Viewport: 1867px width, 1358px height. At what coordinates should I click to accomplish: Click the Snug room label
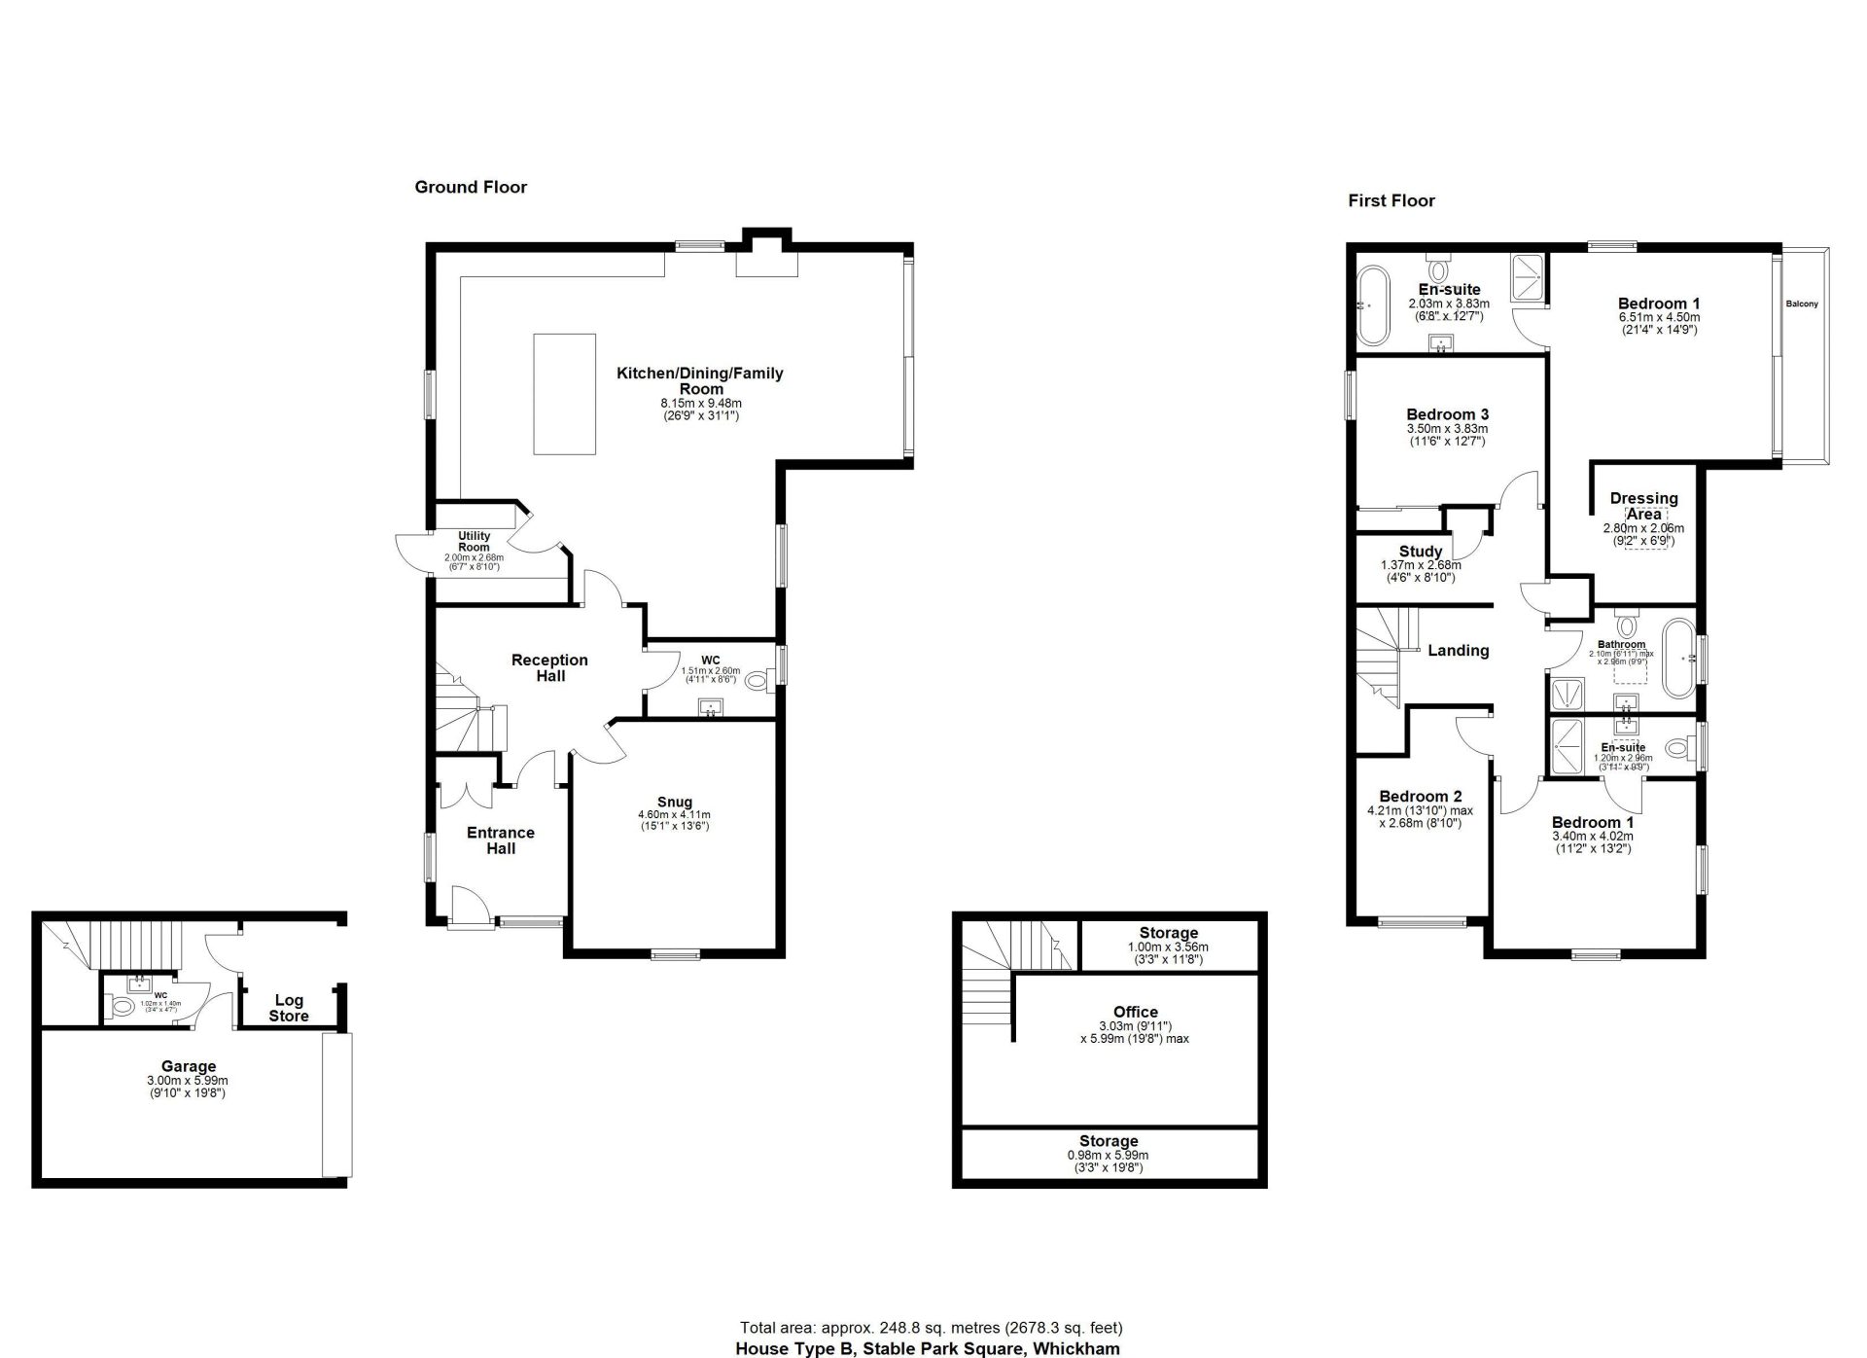point(674,803)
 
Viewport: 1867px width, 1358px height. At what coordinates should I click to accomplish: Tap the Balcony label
point(1802,304)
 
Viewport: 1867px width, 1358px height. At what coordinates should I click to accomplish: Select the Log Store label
point(289,1008)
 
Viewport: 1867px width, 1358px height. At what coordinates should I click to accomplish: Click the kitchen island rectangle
point(565,394)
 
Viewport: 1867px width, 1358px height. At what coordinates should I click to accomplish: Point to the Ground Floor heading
point(471,187)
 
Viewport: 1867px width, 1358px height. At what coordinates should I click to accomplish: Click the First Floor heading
point(1391,201)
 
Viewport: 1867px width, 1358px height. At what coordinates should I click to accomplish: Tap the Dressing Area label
point(1643,506)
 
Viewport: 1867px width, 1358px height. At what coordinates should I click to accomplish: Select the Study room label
point(1421,552)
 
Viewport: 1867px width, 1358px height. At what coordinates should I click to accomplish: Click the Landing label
point(1458,651)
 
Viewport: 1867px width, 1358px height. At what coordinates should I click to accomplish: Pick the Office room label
point(1135,1012)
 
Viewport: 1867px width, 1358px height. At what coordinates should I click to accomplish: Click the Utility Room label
point(474,541)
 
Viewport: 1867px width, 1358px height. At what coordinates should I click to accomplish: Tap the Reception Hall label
point(549,667)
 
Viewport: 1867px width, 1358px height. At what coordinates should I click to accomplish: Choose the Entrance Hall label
point(501,840)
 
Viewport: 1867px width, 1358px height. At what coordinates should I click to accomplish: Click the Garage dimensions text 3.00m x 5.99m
point(188,1081)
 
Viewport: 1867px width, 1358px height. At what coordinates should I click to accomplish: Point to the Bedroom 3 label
point(1447,414)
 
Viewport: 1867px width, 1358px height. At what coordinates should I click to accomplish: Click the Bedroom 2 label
point(1420,797)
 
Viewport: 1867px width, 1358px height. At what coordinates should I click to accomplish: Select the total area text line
point(931,1328)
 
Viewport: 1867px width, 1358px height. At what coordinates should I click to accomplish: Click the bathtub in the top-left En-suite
point(1371,305)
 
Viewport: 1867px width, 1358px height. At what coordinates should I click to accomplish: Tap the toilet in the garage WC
point(123,1007)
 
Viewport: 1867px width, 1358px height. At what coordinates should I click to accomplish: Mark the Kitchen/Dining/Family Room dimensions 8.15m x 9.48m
point(701,404)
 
